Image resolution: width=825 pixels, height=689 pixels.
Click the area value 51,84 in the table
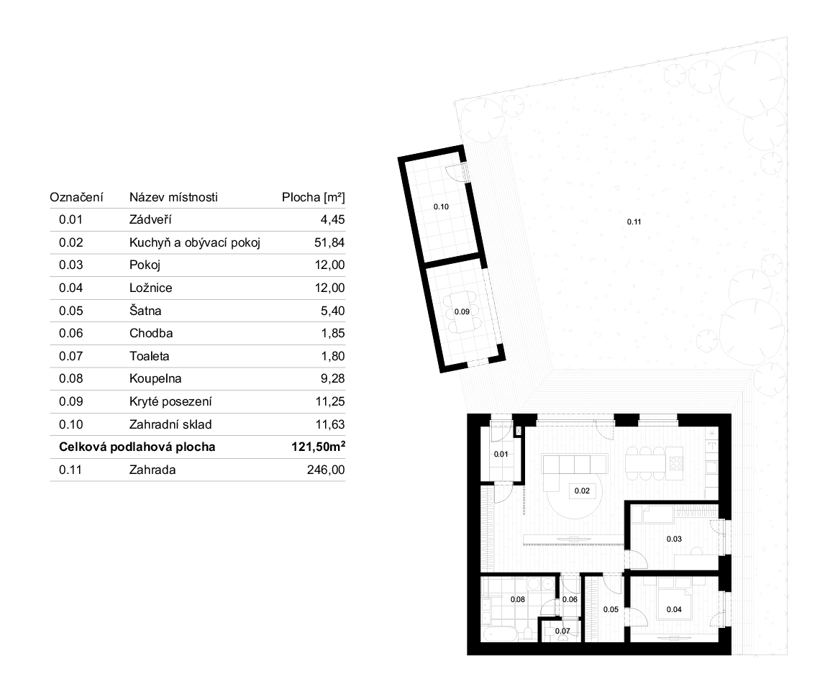click(329, 242)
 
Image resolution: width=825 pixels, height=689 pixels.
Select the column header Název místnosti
click(173, 197)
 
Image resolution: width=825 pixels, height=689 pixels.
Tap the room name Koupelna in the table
click(155, 379)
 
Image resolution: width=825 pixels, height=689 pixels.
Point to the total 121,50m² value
click(319, 447)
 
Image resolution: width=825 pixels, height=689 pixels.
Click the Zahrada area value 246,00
click(326, 470)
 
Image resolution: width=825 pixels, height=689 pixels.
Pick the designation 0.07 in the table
click(70, 356)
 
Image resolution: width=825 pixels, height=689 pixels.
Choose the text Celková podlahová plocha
click(137, 447)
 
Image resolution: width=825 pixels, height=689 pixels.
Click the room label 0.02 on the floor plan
click(582, 490)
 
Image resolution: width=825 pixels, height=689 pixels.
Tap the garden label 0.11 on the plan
click(634, 222)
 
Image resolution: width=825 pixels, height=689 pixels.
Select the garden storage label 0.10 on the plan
click(441, 206)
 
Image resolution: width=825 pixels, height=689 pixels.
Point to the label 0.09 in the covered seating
click(462, 311)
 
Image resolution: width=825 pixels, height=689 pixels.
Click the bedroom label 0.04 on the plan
click(674, 610)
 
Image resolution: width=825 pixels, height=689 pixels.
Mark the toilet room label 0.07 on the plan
click(562, 631)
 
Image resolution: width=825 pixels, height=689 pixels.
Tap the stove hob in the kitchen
click(675, 463)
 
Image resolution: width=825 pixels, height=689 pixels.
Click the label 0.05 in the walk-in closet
click(611, 610)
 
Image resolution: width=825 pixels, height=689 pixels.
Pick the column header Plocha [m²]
click(314, 197)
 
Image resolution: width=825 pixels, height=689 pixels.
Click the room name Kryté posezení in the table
click(170, 402)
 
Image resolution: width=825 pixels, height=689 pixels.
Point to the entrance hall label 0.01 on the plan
click(501, 454)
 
